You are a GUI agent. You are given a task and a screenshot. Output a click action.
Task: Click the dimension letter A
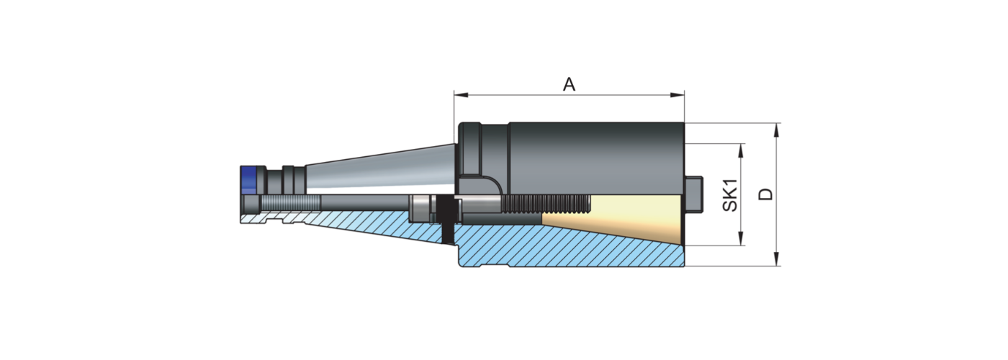point(569,85)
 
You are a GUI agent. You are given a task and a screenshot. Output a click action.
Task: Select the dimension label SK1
point(730,195)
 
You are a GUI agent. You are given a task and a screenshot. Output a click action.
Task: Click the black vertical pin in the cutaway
point(448,216)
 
